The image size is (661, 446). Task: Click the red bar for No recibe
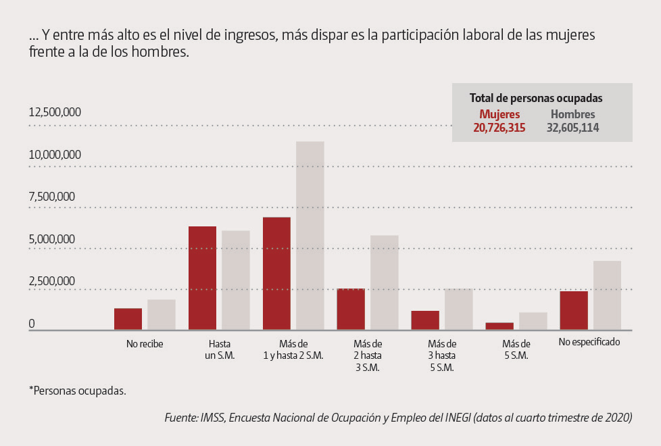pyautogui.click(x=128, y=319)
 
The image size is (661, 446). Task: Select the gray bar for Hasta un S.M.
pyautogui.click(x=236, y=280)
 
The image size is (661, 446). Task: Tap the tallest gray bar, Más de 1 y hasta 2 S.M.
pyautogui.click(x=310, y=236)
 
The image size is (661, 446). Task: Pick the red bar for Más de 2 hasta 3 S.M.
pyautogui.click(x=351, y=309)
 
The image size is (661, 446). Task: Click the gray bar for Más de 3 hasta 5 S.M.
pyautogui.click(x=458, y=309)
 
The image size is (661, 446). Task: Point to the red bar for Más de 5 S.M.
pyautogui.click(x=499, y=326)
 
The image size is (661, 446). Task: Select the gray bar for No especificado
pyautogui.click(x=607, y=295)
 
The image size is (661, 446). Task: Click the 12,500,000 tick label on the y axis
pyautogui.click(x=55, y=112)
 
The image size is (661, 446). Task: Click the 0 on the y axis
pyautogui.click(x=31, y=324)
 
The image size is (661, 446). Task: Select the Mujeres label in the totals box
pyautogui.click(x=499, y=115)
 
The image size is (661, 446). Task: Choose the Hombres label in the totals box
pyautogui.click(x=572, y=115)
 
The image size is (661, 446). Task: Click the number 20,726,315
pyautogui.click(x=499, y=128)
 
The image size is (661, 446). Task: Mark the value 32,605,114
pyautogui.click(x=572, y=128)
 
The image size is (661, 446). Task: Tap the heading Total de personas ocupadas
pyautogui.click(x=536, y=98)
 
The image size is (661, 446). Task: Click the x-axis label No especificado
pyautogui.click(x=589, y=343)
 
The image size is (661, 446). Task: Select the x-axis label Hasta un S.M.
pyautogui.click(x=220, y=349)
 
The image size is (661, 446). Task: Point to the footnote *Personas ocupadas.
pyautogui.click(x=77, y=391)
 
